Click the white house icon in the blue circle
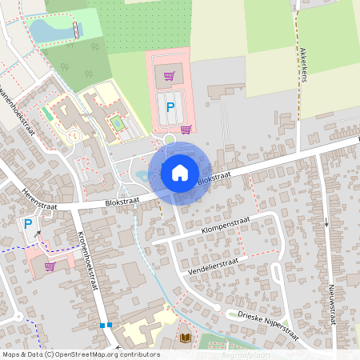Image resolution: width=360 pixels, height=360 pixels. coord(180,172)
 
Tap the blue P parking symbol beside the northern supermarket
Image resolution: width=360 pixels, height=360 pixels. coord(169,105)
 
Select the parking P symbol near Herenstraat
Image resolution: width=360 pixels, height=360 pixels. coord(29,225)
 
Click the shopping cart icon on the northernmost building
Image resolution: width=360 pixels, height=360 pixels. coord(169,77)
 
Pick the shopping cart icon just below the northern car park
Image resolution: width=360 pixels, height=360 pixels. coord(186,130)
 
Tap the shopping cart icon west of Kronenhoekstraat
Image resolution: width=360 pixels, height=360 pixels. coord(50,266)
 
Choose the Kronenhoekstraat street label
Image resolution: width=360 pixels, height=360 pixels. coord(86,266)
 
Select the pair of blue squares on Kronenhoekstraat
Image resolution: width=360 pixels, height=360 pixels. coord(106,325)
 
